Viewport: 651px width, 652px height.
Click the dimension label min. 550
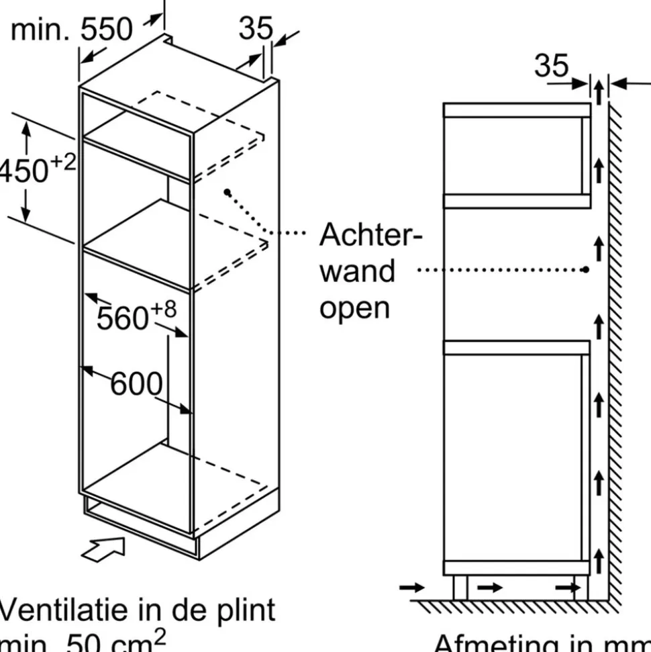click(x=72, y=30)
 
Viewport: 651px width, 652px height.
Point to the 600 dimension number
click(x=136, y=384)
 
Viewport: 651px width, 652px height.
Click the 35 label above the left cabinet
click(x=256, y=28)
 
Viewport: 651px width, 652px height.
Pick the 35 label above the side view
click(x=551, y=66)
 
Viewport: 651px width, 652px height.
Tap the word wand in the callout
click(x=357, y=271)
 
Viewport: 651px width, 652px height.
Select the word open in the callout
click(x=354, y=308)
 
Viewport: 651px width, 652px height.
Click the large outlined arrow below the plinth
click(x=103, y=548)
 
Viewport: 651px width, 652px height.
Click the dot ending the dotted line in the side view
click(x=586, y=269)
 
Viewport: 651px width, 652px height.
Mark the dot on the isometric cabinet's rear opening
click(x=228, y=193)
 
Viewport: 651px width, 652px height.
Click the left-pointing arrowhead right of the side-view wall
click(x=620, y=84)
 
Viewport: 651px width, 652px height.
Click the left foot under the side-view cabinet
click(x=460, y=588)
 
